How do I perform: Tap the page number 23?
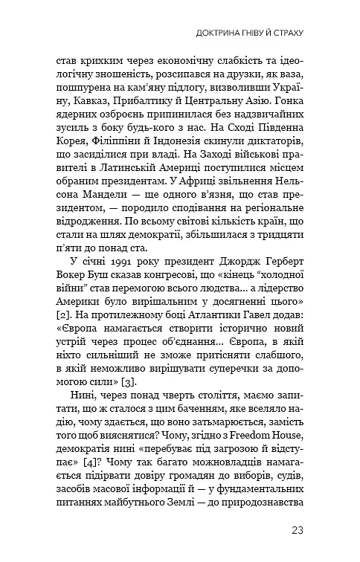(x=298, y=530)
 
